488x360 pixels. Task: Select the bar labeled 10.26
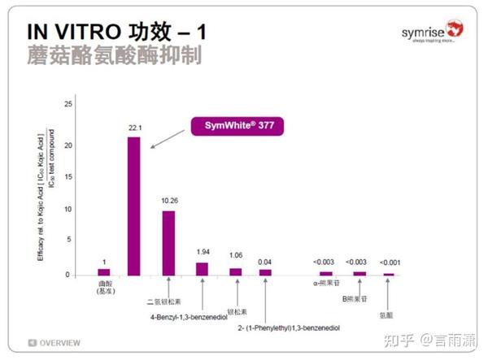coord(168,243)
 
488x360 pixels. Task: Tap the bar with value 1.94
coord(202,268)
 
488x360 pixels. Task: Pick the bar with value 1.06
coord(235,271)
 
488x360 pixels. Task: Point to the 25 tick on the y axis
coord(68,105)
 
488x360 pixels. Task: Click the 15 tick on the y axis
coord(68,178)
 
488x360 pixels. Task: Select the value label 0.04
coord(264,262)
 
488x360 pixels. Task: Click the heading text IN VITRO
coord(74,33)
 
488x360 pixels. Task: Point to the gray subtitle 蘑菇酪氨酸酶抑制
coord(114,57)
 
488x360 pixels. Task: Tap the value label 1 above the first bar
coord(102,262)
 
